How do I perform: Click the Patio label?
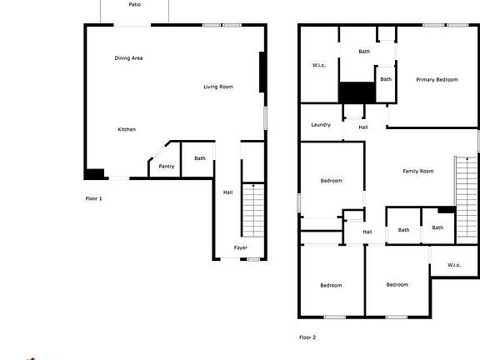click(x=135, y=4)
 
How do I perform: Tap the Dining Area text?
click(x=129, y=57)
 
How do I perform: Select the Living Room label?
click(x=218, y=87)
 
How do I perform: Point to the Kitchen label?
click(x=127, y=129)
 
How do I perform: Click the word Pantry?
click(x=167, y=166)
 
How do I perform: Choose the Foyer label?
click(x=240, y=247)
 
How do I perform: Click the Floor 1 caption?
click(x=94, y=198)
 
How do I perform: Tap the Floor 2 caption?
click(x=307, y=337)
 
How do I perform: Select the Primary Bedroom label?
click(x=437, y=79)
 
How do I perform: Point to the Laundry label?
click(x=321, y=125)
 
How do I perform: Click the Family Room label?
click(x=418, y=172)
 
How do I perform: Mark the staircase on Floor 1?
click(x=252, y=210)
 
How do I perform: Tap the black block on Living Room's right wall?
click(x=262, y=73)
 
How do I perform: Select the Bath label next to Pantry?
click(x=200, y=158)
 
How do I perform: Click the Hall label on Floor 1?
click(x=227, y=192)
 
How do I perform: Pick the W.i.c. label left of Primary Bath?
click(x=318, y=65)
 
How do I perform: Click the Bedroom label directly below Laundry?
click(x=331, y=181)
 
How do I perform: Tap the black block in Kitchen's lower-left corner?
click(x=94, y=174)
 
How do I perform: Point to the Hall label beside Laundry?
click(x=363, y=127)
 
